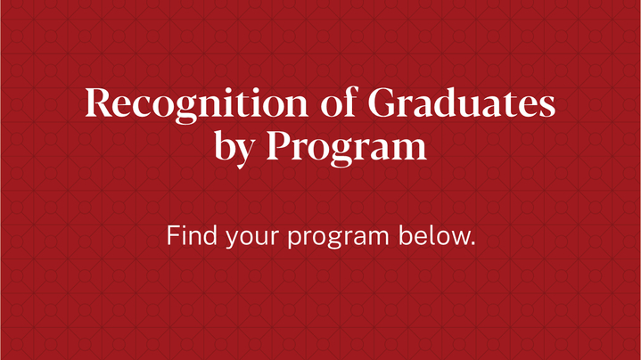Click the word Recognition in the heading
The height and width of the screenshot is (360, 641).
pyautogui.click(x=197, y=104)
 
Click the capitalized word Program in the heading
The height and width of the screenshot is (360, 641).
pyautogui.click(x=347, y=148)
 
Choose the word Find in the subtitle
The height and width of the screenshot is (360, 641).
pyautogui.click(x=192, y=235)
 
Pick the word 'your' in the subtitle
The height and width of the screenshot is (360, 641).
pyautogui.click(x=252, y=238)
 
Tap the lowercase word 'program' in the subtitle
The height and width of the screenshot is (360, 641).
pyautogui.click(x=338, y=238)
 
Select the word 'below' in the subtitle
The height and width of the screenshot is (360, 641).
pyautogui.click(x=433, y=235)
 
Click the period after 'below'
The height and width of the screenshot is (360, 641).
pyautogui.click(x=473, y=243)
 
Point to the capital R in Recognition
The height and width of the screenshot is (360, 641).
pyautogui.click(x=99, y=102)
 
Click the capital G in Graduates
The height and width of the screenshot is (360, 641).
pyautogui.click(x=382, y=102)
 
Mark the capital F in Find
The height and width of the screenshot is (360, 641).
pyautogui.click(x=173, y=235)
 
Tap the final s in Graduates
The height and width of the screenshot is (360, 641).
pyautogui.click(x=546, y=106)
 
